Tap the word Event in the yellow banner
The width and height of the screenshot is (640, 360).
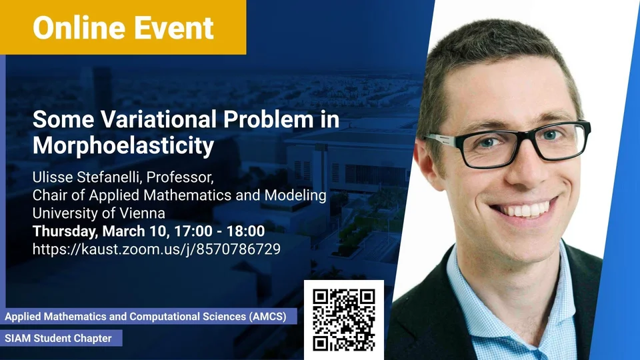(x=174, y=28)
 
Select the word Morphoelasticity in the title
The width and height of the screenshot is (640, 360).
(x=123, y=146)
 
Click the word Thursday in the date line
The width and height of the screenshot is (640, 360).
(x=65, y=231)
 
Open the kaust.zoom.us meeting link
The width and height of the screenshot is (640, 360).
(x=157, y=249)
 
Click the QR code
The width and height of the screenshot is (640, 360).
(x=344, y=320)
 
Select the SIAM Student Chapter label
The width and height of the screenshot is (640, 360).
(x=59, y=339)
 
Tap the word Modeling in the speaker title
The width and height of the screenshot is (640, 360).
(x=295, y=195)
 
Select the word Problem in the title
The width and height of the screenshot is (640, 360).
(x=269, y=119)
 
